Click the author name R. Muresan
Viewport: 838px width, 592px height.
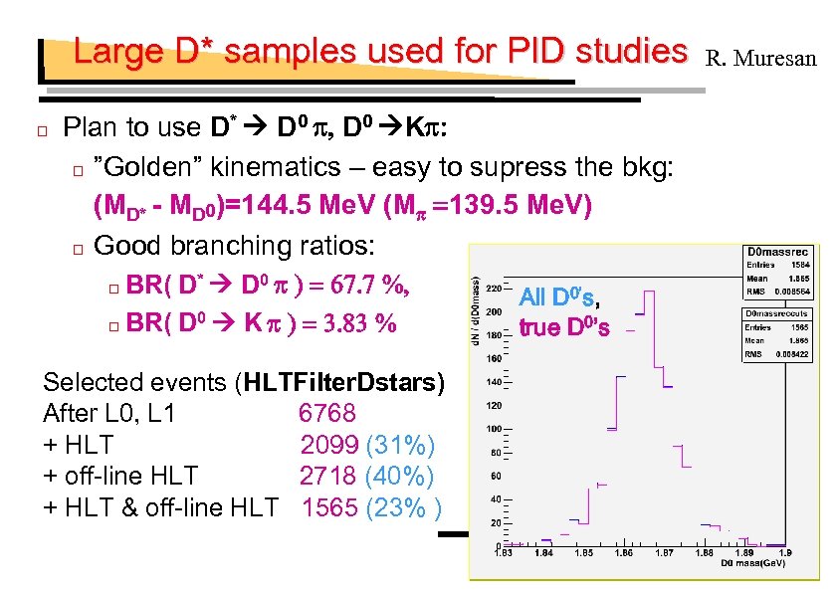click(x=760, y=59)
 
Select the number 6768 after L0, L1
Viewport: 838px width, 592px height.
click(x=326, y=413)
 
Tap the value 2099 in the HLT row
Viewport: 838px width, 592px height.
click(x=329, y=444)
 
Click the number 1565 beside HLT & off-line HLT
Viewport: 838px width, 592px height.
click(x=330, y=507)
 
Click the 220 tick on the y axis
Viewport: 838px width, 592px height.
click(x=494, y=288)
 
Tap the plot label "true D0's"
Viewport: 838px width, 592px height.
click(x=564, y=327)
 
